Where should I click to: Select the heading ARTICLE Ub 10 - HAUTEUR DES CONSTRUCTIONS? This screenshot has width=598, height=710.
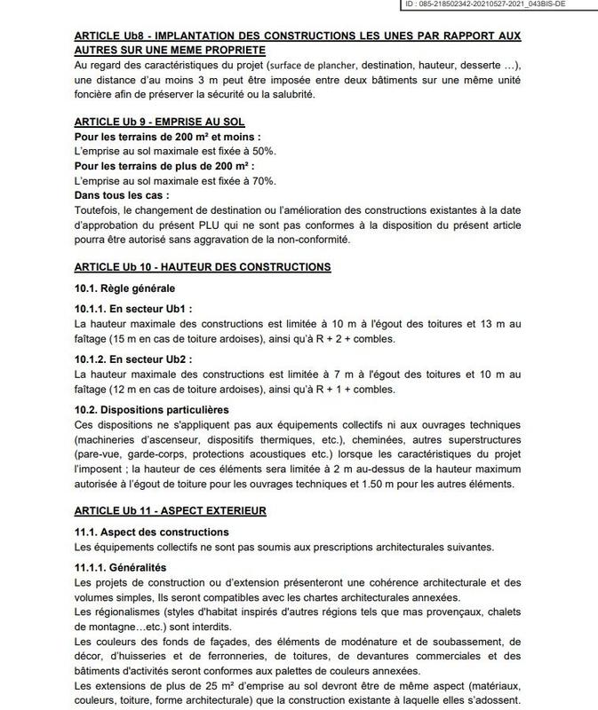tap(203, 266)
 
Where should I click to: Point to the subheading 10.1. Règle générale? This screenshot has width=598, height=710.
tap(124, 288)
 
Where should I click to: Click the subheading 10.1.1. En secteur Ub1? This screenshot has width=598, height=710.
tap(133, 310)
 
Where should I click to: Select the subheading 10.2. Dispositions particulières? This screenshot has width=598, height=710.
tap(151, 409)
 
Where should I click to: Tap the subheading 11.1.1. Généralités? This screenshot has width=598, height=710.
tap(121, 566)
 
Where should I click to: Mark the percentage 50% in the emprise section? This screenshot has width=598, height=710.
tap(263, 152)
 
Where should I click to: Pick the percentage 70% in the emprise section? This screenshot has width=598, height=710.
tap(263, 180)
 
